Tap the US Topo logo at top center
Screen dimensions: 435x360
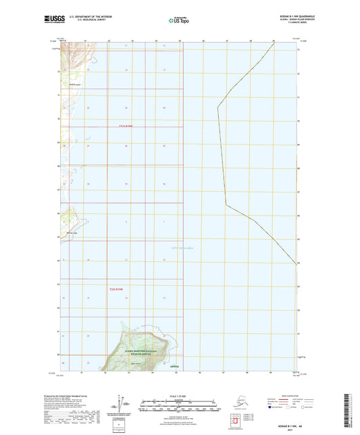pyautogui.click(x=179, y=21)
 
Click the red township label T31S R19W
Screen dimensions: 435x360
pyautogui.click(x=119, y=126)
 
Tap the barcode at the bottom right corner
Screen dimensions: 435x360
pyautogui.click(x=351, y=412)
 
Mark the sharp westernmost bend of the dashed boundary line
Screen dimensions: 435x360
pyautogui.click(x=217, y=107)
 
